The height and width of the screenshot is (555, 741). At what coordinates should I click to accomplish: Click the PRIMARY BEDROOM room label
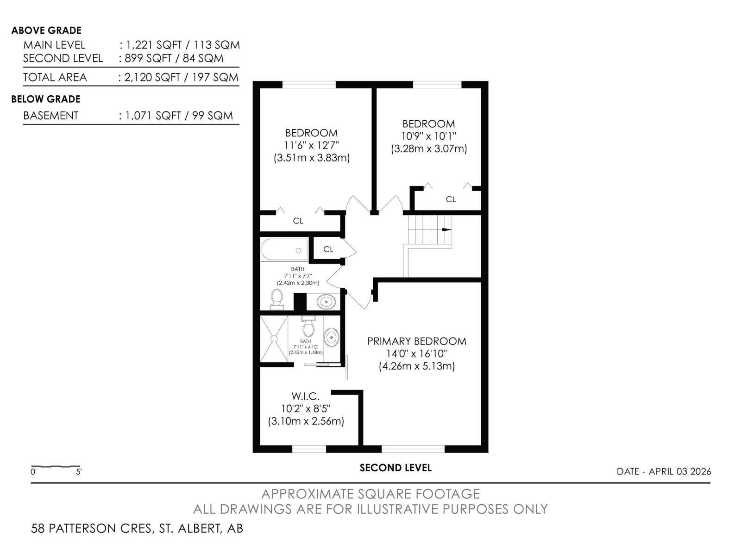click(416, 341)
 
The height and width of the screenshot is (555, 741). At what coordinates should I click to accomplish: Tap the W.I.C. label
click(305, 396)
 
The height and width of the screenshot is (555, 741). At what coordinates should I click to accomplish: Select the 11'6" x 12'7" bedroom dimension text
click(311, 145)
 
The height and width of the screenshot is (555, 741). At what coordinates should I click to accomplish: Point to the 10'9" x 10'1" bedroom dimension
click(428, 136)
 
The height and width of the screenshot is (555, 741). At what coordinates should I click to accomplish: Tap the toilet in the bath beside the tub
click(277, 299)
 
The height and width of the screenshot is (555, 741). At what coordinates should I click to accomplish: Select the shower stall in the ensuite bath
click(274, 339)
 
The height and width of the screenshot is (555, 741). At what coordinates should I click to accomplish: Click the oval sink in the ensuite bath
click(332, 337)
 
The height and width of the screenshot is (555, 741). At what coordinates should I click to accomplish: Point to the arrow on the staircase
click(446, 229)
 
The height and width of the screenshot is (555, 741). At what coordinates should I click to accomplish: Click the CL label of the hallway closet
click(328, 249)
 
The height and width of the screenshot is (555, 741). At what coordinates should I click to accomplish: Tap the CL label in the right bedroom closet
click(451, 199)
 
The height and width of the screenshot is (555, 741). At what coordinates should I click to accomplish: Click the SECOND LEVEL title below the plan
click(396, 468)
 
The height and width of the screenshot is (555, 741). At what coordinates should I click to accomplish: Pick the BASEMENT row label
click(51, 116)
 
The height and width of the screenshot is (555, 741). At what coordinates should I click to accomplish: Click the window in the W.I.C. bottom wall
click(309, 449)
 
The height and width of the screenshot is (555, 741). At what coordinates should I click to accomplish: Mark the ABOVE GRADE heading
click(46, 31)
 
